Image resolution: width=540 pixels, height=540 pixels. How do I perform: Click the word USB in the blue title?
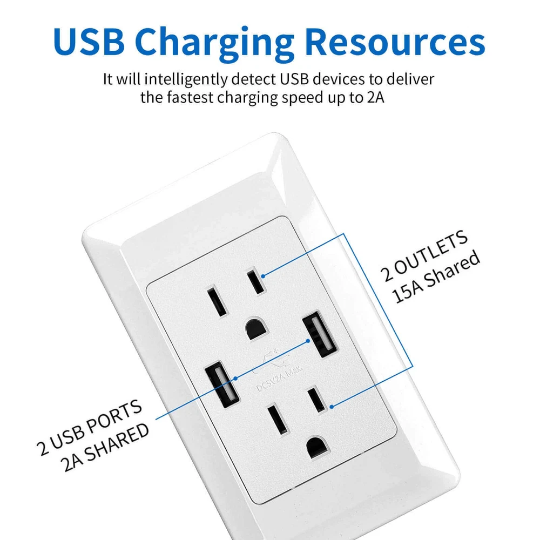point(89,41)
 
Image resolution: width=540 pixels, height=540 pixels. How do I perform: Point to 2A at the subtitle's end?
point(375,97)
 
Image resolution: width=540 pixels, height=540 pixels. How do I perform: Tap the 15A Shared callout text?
point(436,277)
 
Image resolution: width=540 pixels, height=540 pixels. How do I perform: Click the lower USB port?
point(222,384)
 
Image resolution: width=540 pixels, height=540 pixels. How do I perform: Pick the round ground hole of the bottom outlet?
point(318,447)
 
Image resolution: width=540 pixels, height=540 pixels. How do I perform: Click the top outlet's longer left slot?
point(217,301)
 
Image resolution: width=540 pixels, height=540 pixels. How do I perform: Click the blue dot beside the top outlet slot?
point(263,276)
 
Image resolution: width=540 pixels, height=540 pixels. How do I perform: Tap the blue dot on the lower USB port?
point(235,379)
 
